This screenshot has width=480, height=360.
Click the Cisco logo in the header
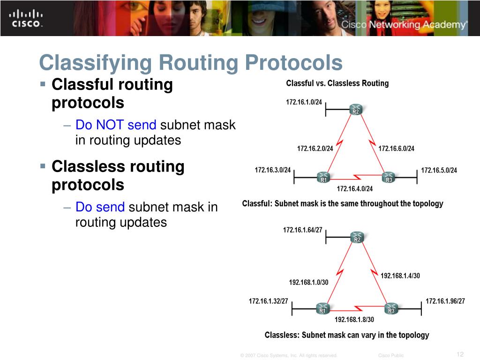point(26,18)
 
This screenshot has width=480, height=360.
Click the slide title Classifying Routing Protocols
point(191,63)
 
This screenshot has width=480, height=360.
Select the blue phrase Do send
point(100,207)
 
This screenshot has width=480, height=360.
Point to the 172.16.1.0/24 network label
point(304,102)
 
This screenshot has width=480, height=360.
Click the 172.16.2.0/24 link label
point(315,149)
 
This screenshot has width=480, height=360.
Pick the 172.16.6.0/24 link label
point(396,149)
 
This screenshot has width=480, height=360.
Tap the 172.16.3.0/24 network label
point(273,170)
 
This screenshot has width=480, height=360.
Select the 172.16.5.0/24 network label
point(439,170)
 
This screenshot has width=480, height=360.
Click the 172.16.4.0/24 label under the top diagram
point(355,189)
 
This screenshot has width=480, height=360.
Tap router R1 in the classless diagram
point(322,309)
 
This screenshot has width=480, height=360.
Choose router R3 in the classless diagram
point(391,309)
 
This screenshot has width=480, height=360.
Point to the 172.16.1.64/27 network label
point(302,230)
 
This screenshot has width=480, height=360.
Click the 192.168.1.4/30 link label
point(400,276)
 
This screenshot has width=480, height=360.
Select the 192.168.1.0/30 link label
point(308,282)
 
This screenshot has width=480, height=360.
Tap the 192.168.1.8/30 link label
point(354,320)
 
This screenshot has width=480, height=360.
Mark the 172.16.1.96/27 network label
point(445,301)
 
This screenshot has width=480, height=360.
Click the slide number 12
point(459,354)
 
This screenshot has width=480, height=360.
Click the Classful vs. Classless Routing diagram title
point(337,83)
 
